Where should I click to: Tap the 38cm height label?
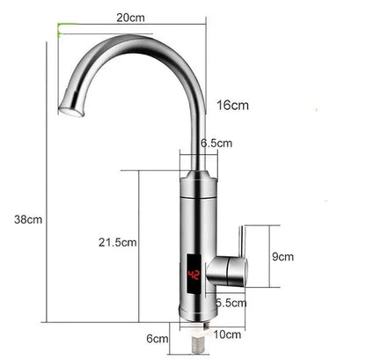(x=22, y=219)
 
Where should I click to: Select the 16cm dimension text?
(x=233, y=106)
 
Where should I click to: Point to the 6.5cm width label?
(x=216, y=143)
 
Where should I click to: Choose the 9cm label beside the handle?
(x=282, y=257)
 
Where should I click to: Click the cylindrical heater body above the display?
(x=197, y=211)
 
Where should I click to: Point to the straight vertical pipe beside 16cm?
(x=201, y=123)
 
